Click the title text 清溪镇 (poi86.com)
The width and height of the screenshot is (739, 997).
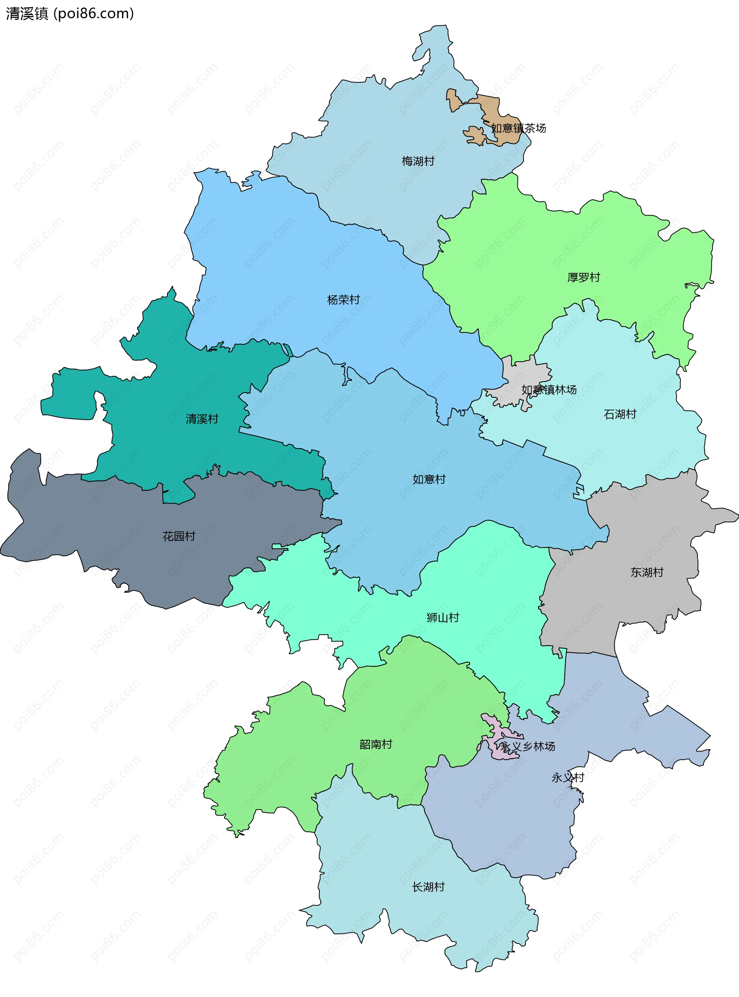(70, 13)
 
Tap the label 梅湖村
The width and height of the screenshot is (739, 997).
(418, 161)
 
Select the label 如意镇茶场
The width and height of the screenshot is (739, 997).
(518, 129)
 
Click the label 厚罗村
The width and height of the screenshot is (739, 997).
(584, 277)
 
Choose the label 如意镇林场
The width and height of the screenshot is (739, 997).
(549, 390)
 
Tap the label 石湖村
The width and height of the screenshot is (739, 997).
(620, 414)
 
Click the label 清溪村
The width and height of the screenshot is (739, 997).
(202, 419)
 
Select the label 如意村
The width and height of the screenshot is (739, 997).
(429, 479)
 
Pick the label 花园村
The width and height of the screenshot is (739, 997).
(179, 536)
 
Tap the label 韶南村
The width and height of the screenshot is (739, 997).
(376, 744)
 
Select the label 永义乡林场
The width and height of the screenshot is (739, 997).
(528, 746)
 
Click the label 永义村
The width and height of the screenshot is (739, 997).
(568, 778)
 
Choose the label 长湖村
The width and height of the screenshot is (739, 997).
(428, 887)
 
